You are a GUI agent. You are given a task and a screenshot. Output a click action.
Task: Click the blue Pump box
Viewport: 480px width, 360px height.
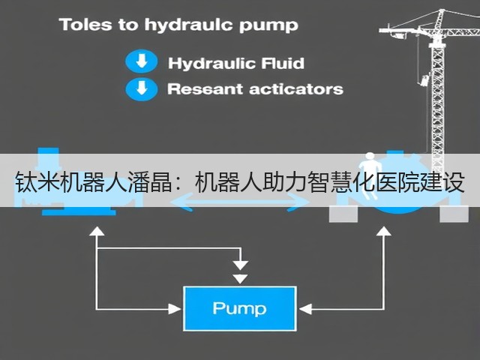pos(240,308)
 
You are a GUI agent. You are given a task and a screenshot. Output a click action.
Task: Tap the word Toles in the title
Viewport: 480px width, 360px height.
pos(85,25)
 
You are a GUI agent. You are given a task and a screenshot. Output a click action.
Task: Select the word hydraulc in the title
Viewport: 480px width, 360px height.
pos(188,25)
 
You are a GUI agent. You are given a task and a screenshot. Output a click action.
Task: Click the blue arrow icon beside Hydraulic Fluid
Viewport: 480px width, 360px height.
pos(142,61)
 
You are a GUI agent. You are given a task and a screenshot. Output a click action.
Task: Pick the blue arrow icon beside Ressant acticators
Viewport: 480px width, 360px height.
pos(142,89)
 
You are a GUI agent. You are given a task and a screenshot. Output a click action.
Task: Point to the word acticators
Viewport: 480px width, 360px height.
pos(296,89)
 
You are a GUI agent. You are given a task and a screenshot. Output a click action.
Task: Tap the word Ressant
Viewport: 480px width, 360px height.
pos(205,89)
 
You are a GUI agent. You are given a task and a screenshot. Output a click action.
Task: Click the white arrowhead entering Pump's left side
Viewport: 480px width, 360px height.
pos(175,308)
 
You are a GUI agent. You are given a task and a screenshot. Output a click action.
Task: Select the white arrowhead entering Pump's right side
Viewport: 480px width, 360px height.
pos(305,309)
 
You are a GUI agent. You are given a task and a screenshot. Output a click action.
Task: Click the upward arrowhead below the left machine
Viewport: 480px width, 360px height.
pos(97,231)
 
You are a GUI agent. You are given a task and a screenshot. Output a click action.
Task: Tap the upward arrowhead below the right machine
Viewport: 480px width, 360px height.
pos(383,231)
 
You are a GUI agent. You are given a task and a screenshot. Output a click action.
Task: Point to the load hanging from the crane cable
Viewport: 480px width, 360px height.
pos(424,80)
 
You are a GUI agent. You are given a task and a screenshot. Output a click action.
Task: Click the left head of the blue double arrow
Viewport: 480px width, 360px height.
pos(181,202)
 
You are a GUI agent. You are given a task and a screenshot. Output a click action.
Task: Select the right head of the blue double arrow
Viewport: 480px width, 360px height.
pos(298,202)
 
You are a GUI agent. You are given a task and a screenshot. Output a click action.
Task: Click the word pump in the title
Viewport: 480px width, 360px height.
pos(268,25)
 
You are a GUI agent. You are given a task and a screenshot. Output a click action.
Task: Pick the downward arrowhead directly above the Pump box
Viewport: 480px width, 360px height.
pos(240,278)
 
